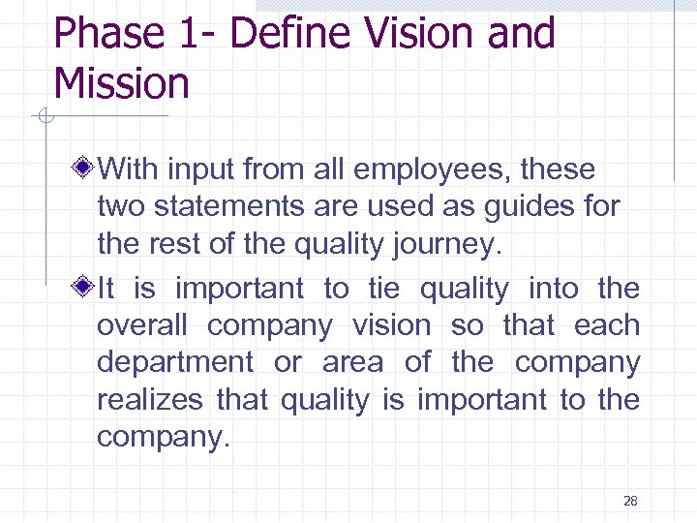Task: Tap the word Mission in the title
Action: coord(122,83)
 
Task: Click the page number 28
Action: coord(630,501)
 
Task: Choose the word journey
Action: coord(450,245)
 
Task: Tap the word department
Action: coord(174,363)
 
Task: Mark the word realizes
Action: coord(150,399)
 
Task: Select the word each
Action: coord(607,325)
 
